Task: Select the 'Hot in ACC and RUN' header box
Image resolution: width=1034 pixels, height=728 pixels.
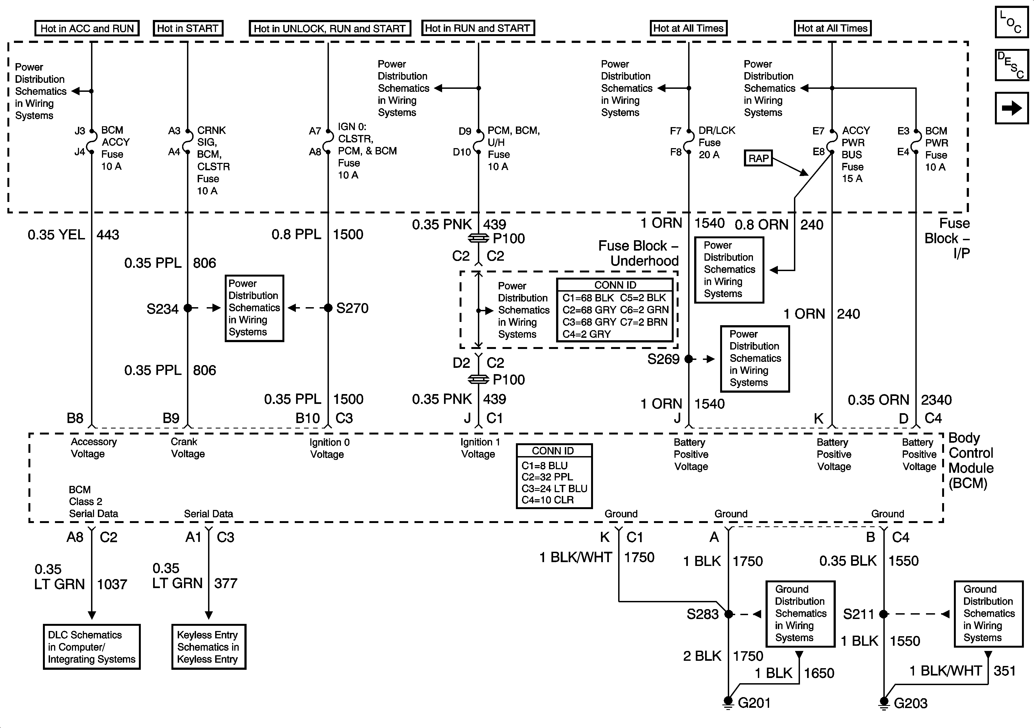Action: click(87, 28)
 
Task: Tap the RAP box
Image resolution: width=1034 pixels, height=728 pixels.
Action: click(758, 158)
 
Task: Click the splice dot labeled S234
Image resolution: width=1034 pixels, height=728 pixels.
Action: click(188, 308)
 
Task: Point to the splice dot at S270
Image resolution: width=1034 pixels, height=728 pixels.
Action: click(328, 308)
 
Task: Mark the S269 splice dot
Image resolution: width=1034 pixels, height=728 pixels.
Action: click(689, 359)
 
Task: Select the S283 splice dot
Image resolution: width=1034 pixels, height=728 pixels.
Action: click(729, 614)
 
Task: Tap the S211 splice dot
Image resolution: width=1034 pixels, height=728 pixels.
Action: click(884, 614)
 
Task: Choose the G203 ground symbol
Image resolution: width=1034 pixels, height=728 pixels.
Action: click(884, 702)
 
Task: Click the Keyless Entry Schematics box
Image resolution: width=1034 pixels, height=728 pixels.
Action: click(209, 647)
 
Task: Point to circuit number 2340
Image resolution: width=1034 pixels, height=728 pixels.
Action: click(936, 400)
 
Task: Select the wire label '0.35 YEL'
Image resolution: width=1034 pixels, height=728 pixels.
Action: click(56, 234)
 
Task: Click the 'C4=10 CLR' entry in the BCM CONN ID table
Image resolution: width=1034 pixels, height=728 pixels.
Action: click(548, 500)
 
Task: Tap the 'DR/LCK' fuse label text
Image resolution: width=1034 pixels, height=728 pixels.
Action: click(717, 131)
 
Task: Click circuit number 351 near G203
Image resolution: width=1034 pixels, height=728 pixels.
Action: click(1005, 671)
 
